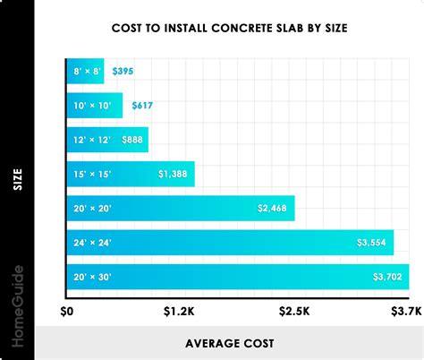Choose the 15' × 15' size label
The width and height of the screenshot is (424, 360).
(92, 174)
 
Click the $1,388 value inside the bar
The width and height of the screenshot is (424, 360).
(174, 174)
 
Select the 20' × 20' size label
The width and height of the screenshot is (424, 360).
(93, 209)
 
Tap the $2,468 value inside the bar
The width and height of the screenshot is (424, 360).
(273, 209)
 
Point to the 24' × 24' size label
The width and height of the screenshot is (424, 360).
(93, 243)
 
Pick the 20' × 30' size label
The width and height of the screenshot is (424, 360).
(93, 277)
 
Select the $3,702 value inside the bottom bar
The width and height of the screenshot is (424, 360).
(386, 277)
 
